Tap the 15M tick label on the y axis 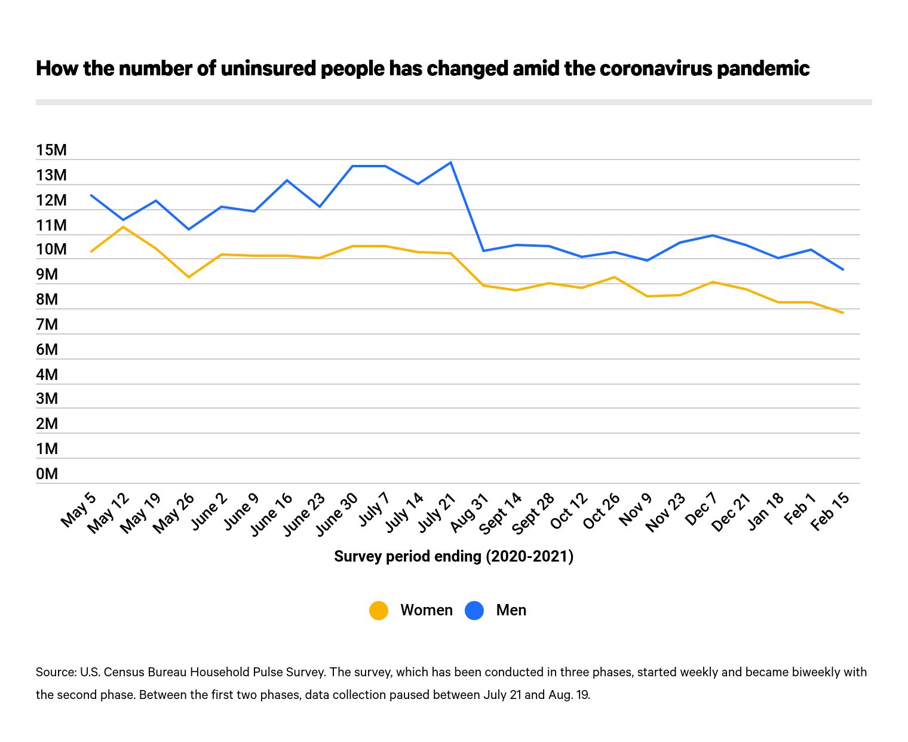[x=51, y=150]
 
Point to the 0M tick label [x=47, y=474]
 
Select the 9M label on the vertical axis [x=47, y=274]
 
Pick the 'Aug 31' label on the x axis [x=470, y=512]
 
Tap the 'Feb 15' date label [x=830, y=512]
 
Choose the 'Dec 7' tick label [x=701, y=510]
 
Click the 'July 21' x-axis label [x=437, y=513]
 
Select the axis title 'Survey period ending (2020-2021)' [x=453, y=556]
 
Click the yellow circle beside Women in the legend [x=379, y=610]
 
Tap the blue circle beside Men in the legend [x=474, y=610]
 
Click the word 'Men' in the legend [x=511, y=610]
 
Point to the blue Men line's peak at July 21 [x=451, y=162]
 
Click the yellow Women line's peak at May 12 [x=124, y=227]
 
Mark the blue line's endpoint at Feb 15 [x=843, y=270]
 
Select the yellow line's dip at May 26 [x=189, y=277]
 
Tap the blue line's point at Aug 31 [x=483, y=251]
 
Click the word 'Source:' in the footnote [x=56, y=672]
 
